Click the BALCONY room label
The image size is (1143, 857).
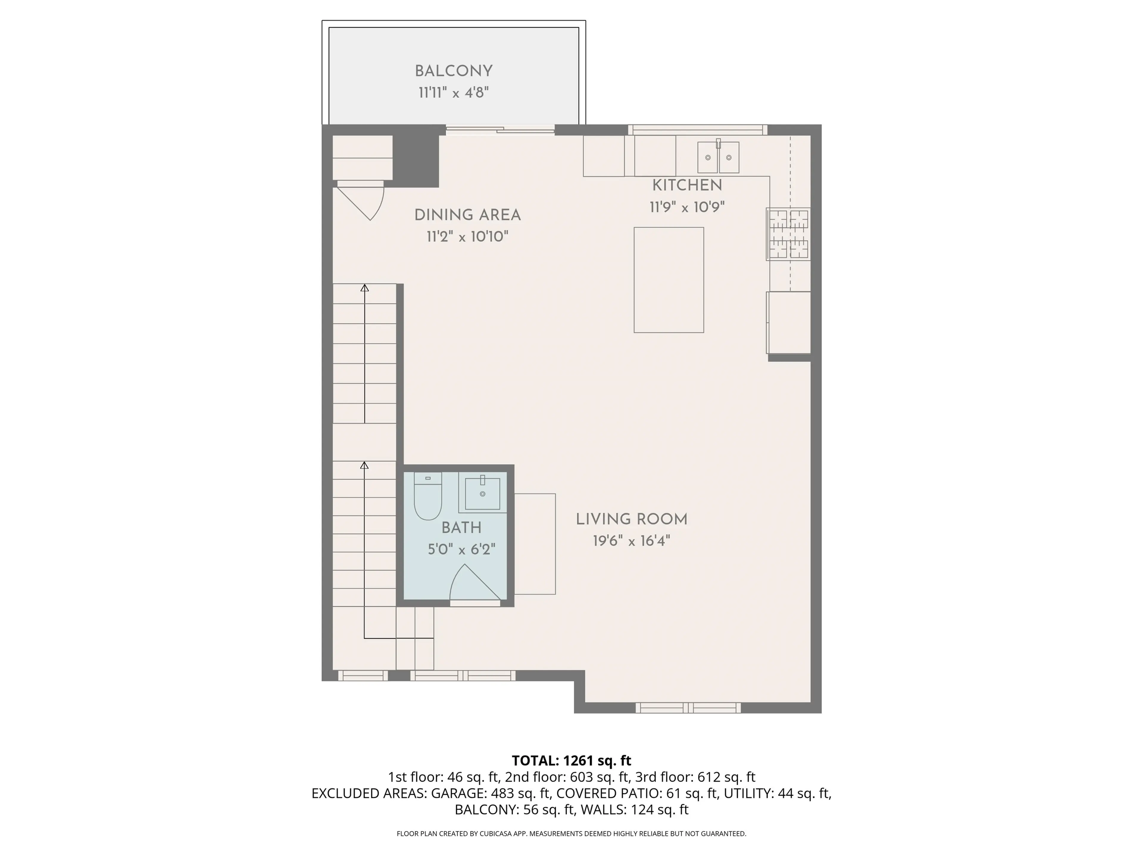(x=453, y=71)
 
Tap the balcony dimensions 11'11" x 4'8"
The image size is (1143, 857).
(x=453, y=93)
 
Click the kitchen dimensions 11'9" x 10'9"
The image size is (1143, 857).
(x=687, y=207)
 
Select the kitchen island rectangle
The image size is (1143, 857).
(x=668, y=279)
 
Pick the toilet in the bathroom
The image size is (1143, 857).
(x=427, y=497)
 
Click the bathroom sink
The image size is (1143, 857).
(x=483, y=493)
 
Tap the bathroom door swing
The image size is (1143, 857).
(x=473, y=584)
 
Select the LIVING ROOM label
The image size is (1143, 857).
(x=631, y=520)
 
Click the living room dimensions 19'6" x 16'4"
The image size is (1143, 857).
(x=631, y=541)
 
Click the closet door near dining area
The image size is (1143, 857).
(x=362, y=201)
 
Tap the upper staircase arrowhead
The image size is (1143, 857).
(x=364, y=288)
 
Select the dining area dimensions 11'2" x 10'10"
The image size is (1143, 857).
(x=467, y=237)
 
